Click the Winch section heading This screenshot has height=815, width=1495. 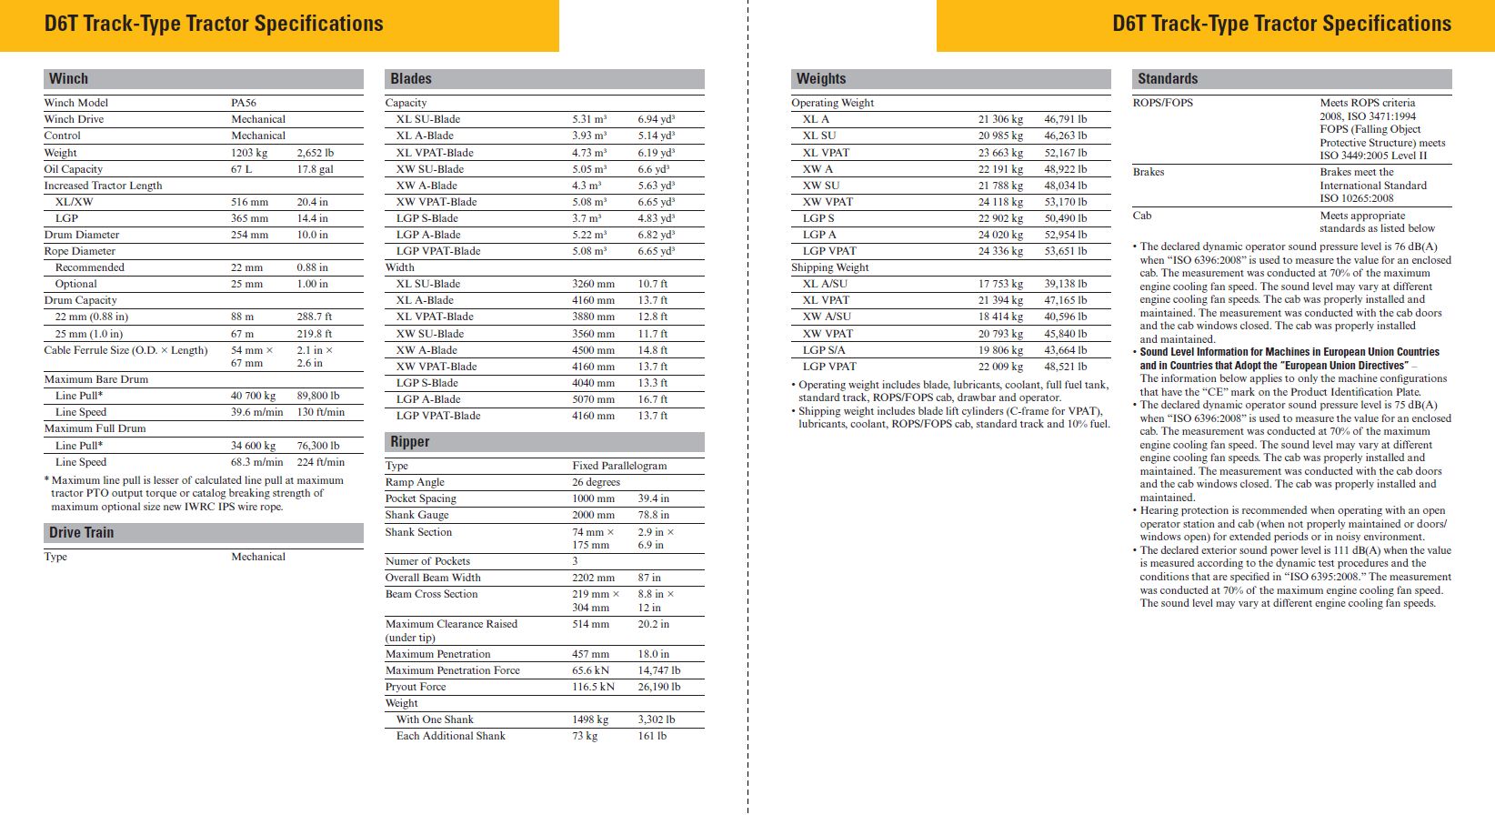pos(68,79)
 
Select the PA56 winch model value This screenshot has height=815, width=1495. pos(244,103)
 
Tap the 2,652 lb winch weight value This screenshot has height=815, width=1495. pos(316,153)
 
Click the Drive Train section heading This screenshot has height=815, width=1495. pos(82,533)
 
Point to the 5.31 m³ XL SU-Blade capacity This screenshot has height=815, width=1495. pos(589,119)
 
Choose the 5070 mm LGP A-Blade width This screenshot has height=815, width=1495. pos(593,399)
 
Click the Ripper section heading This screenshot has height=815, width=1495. pos(410,442)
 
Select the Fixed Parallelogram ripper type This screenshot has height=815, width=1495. pos(619,466)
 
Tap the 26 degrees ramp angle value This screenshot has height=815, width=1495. pos(596,482)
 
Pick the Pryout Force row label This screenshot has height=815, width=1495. pos(416,687)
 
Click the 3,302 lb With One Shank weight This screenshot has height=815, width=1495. pos(656,719)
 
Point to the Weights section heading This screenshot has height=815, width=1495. pos(821,79)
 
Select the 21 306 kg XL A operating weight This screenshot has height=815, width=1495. pos(1000,119)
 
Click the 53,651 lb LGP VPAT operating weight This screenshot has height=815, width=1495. pos(1065,251)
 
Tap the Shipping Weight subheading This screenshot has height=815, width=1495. pos(829,267)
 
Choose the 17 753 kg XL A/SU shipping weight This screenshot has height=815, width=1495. pos(1000,284)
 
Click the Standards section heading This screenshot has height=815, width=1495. pos(1168,79)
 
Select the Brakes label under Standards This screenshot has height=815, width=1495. pos(1149,172)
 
